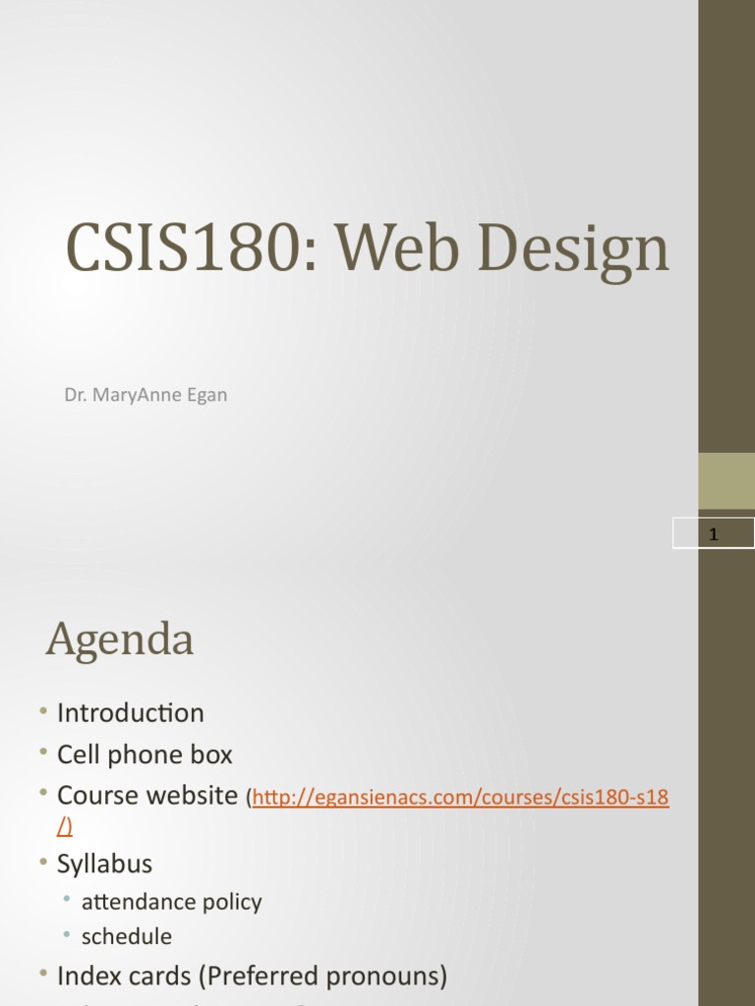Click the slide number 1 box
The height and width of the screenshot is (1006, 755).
(714, 533)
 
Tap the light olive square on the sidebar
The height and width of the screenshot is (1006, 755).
(726, 480)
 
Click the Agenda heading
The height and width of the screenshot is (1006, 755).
(119, 641)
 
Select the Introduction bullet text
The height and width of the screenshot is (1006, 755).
(131, 713)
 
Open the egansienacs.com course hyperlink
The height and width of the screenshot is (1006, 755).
(461, 799)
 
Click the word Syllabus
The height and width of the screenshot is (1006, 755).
(104, 865)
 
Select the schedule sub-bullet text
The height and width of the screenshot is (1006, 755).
(127, 936)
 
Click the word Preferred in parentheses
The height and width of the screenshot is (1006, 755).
(250, 977)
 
